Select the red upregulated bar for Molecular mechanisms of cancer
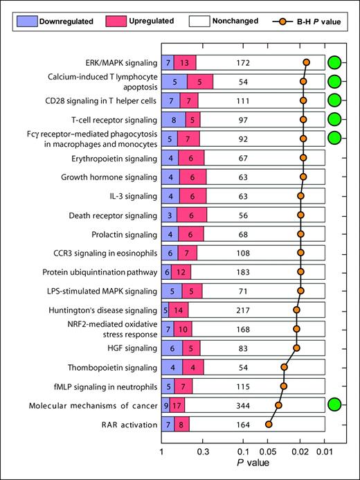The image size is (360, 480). (177, 405)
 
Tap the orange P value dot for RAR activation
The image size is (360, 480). (269, 424)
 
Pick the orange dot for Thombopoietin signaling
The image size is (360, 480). (284, 366)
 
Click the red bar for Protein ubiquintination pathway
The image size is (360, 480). (181, 272)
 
